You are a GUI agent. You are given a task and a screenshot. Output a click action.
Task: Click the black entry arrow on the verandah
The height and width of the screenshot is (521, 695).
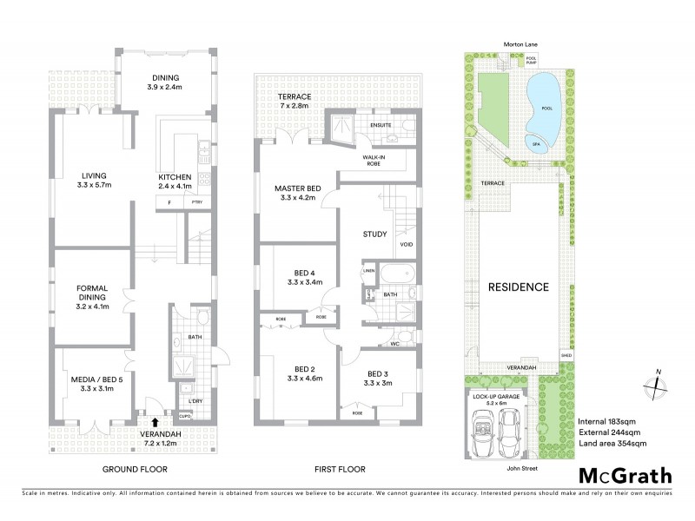[x=155, y=423]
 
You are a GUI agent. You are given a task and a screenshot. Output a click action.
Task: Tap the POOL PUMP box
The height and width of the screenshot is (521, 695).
[x=532, y=61]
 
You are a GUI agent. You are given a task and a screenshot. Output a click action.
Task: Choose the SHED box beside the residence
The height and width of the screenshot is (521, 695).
[x=566, y=355]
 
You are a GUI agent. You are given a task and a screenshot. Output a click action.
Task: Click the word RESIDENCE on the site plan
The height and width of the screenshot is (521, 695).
[x=518, y=287]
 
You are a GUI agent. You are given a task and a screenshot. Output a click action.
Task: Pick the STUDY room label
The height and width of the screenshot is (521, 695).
[x=375, y=233]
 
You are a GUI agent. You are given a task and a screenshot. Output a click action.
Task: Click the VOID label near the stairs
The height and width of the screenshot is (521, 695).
[x=407, y=245]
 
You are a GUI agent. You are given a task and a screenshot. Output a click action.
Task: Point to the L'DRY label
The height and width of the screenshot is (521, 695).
[x=195, y=401]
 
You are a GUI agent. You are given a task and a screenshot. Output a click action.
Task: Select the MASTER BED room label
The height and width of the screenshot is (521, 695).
[x=298, y=193]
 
